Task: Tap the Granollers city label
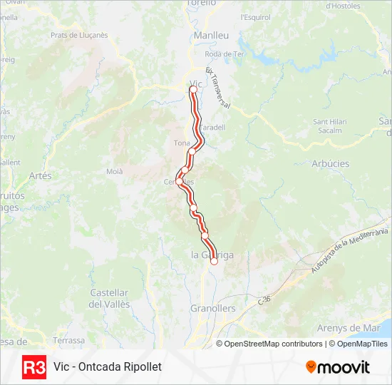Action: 212,309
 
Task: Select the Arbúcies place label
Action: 330,163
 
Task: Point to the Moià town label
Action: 114,171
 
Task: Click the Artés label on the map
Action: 41,175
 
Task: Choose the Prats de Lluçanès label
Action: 79,34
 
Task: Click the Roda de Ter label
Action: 225,54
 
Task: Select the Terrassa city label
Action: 68,340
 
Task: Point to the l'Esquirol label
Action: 254,16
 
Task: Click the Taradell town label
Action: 212,128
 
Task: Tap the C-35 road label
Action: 265,302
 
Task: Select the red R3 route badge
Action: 34,366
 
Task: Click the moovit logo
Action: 338,367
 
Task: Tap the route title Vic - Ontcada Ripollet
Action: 108,366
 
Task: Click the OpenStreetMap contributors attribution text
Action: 274,344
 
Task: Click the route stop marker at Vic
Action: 192,90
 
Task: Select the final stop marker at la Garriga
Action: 214,261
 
